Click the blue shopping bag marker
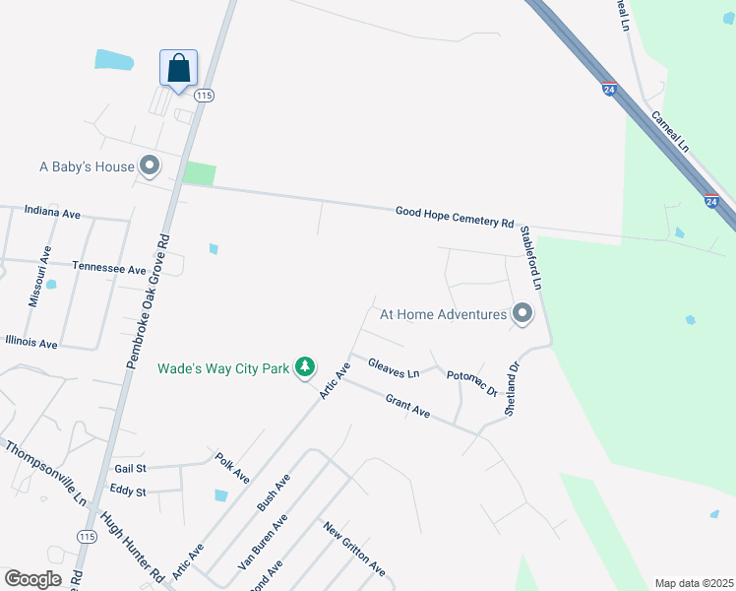(178, 69)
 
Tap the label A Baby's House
(87, 166)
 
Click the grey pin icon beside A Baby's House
(150, 165)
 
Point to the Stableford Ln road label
(532, 256)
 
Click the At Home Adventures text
(443, 314)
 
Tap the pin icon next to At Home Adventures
(522, 314)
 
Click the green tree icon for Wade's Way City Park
(305, 367)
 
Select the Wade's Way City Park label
(223, 368)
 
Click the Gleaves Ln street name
(394, 368)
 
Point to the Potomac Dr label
(472, 383)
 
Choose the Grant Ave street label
(407, 406)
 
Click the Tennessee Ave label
(109, 268)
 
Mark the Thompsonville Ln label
(46, 473)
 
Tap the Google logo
(32, 579)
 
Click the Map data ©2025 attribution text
(693, 583)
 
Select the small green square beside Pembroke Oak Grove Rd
(199, 173)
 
